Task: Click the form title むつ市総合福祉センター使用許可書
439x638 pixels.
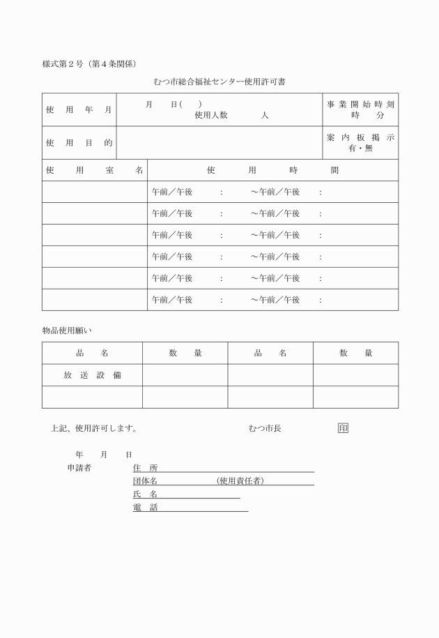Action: [219, 82]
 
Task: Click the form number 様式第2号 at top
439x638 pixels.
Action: [63, 64]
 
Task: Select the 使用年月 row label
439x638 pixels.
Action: [79, 110]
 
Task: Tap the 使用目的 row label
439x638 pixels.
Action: [79, 143]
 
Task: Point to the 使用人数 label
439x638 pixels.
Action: [211, 116]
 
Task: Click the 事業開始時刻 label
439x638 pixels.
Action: [360, 104]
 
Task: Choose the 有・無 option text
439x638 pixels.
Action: [360, 149]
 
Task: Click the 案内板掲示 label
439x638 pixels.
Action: [360, 137]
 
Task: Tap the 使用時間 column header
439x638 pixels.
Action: [273, 170]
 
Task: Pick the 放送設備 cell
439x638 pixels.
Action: [92, 375]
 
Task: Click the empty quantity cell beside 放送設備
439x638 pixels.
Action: [185, 375]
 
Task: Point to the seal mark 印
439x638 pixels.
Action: [342, 428]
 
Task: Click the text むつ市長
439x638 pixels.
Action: [265, 428]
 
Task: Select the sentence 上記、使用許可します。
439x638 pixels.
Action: [94, 428]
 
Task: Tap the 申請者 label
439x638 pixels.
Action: [79, 468]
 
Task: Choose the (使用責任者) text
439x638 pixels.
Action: [240, 481]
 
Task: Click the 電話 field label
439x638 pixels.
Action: [145, 508]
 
